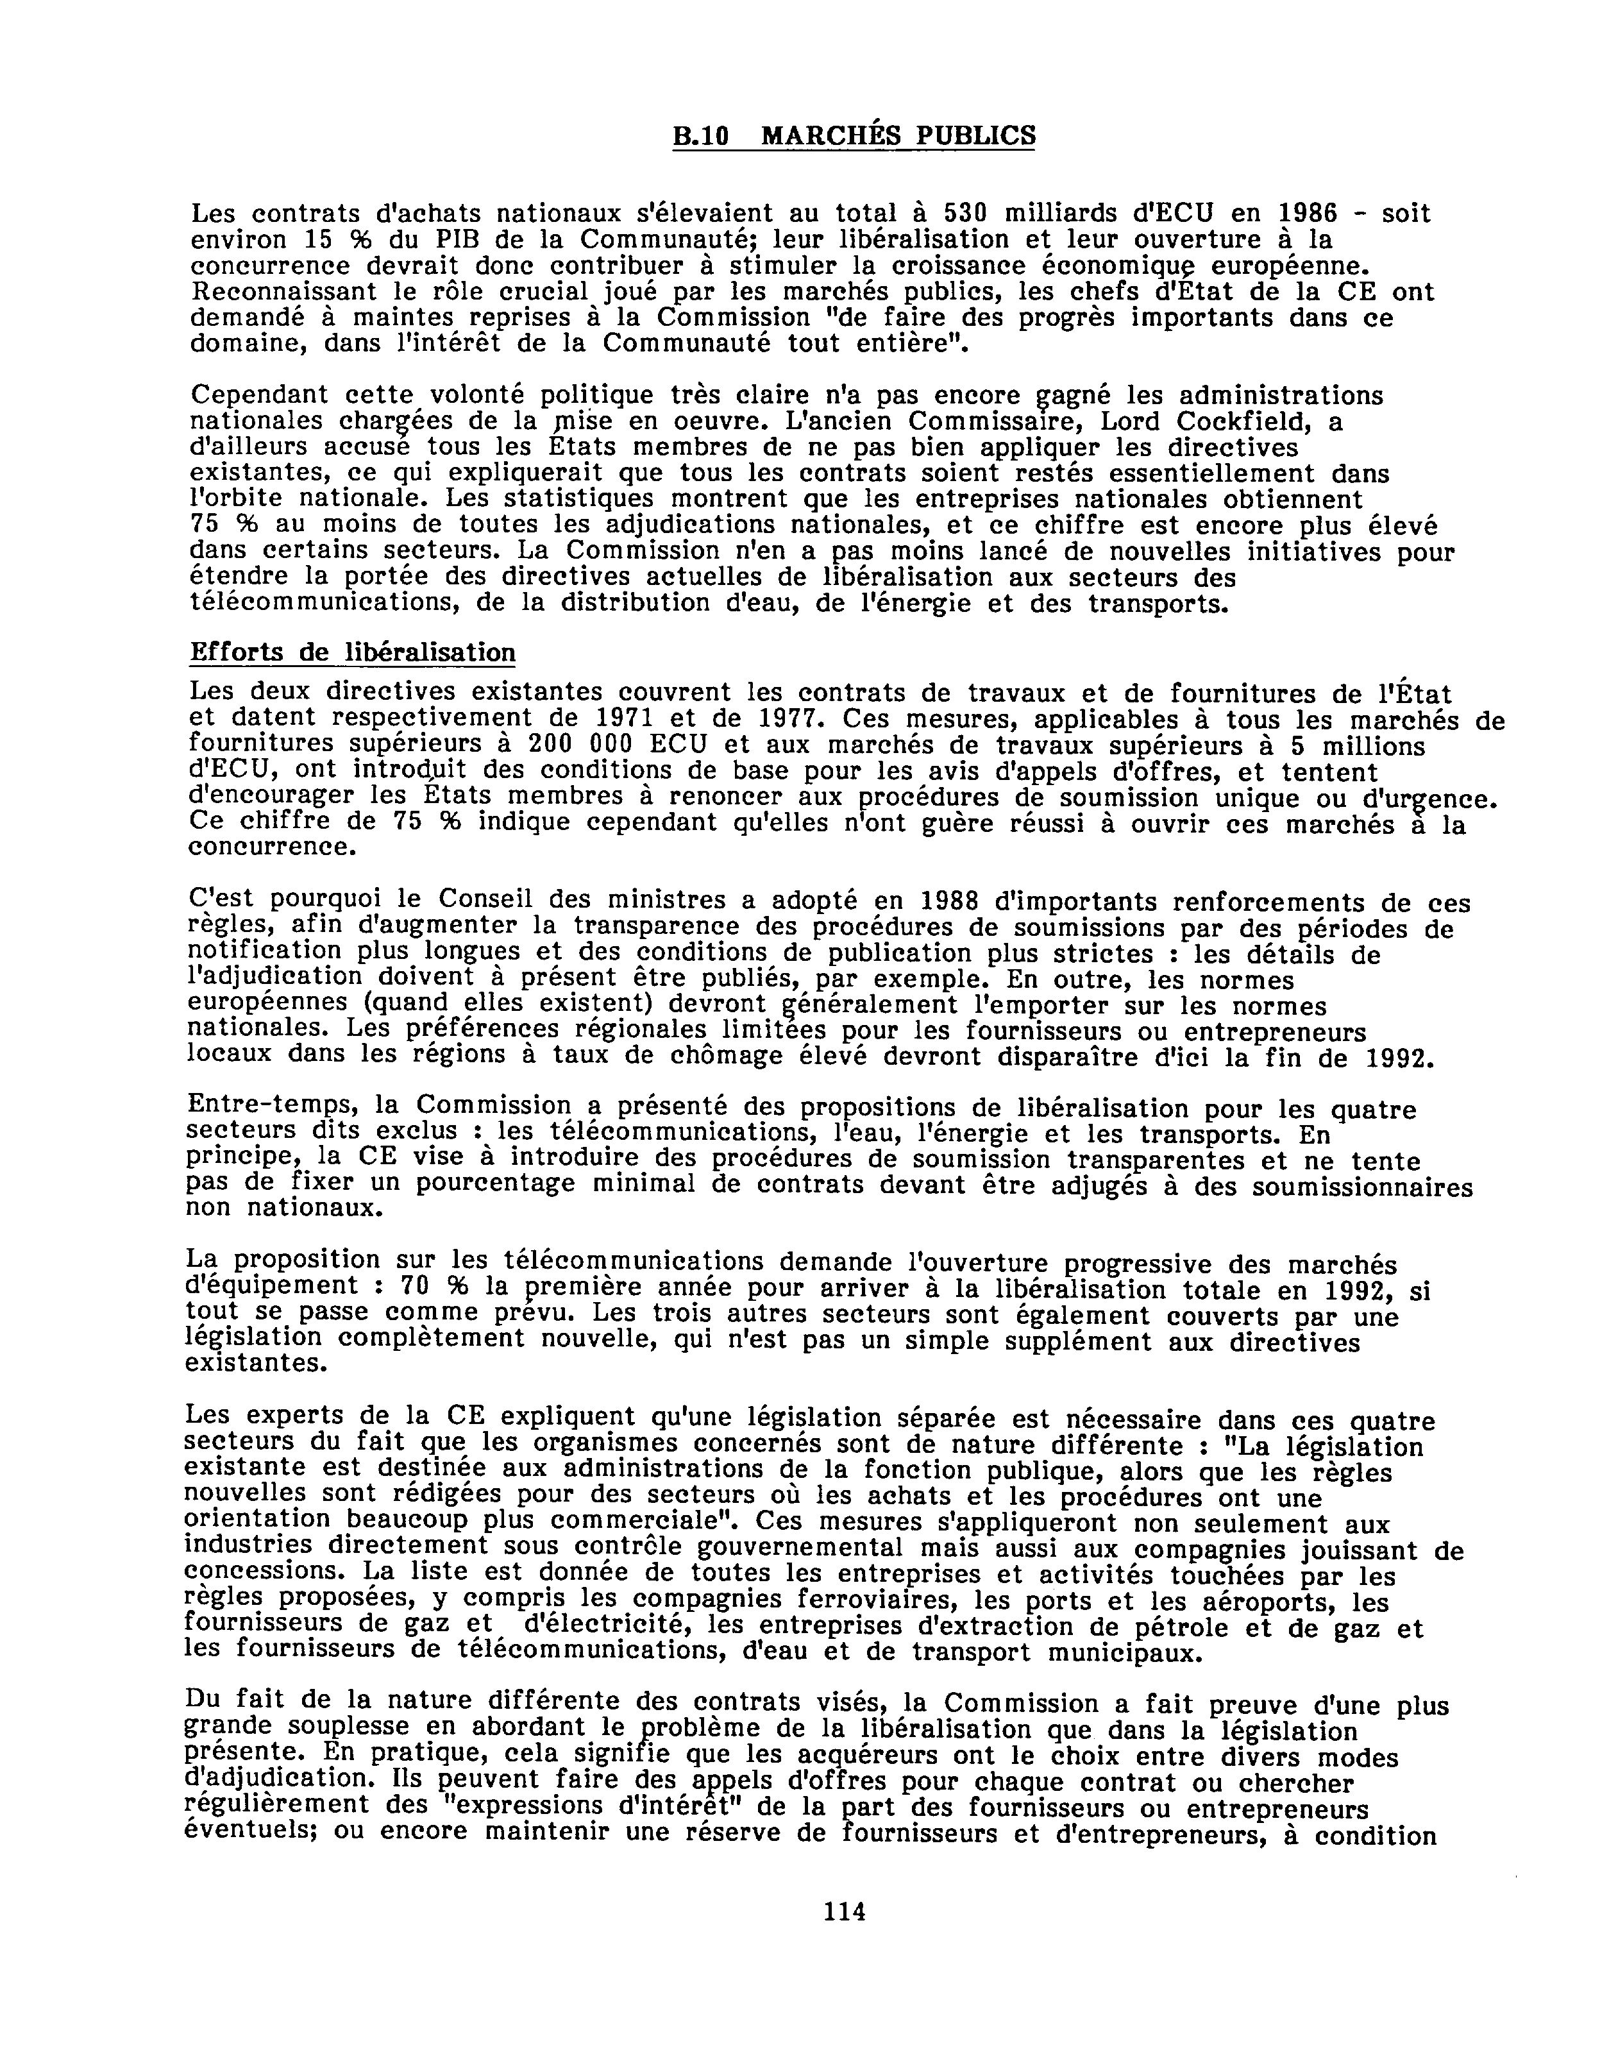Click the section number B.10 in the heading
(700, 137)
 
